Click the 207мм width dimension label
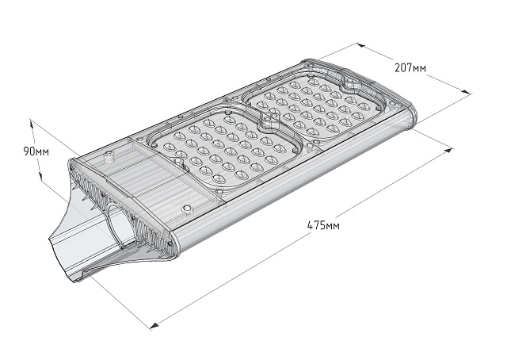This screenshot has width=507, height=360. pos(410,67)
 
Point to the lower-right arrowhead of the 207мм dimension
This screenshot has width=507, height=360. pos(467,96)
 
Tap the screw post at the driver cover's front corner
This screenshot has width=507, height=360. pos(188,209)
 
